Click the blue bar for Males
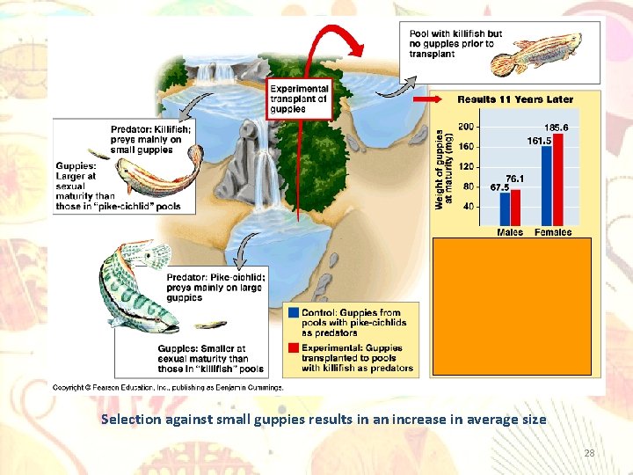coord(505,209)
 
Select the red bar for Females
coord(557,180)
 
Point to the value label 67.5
coord(500,186)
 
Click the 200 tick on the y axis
coord(466,128)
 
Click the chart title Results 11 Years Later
coord(515,99)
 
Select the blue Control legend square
coord(293,312)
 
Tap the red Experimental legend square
coord(293,347)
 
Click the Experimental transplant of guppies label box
coord(299,99)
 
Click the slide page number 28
coord(589,453)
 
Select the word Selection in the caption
coord(131,420)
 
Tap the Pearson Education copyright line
coord(168,387)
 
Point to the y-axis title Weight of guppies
coord(443,169)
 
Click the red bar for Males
coord(515,208)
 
